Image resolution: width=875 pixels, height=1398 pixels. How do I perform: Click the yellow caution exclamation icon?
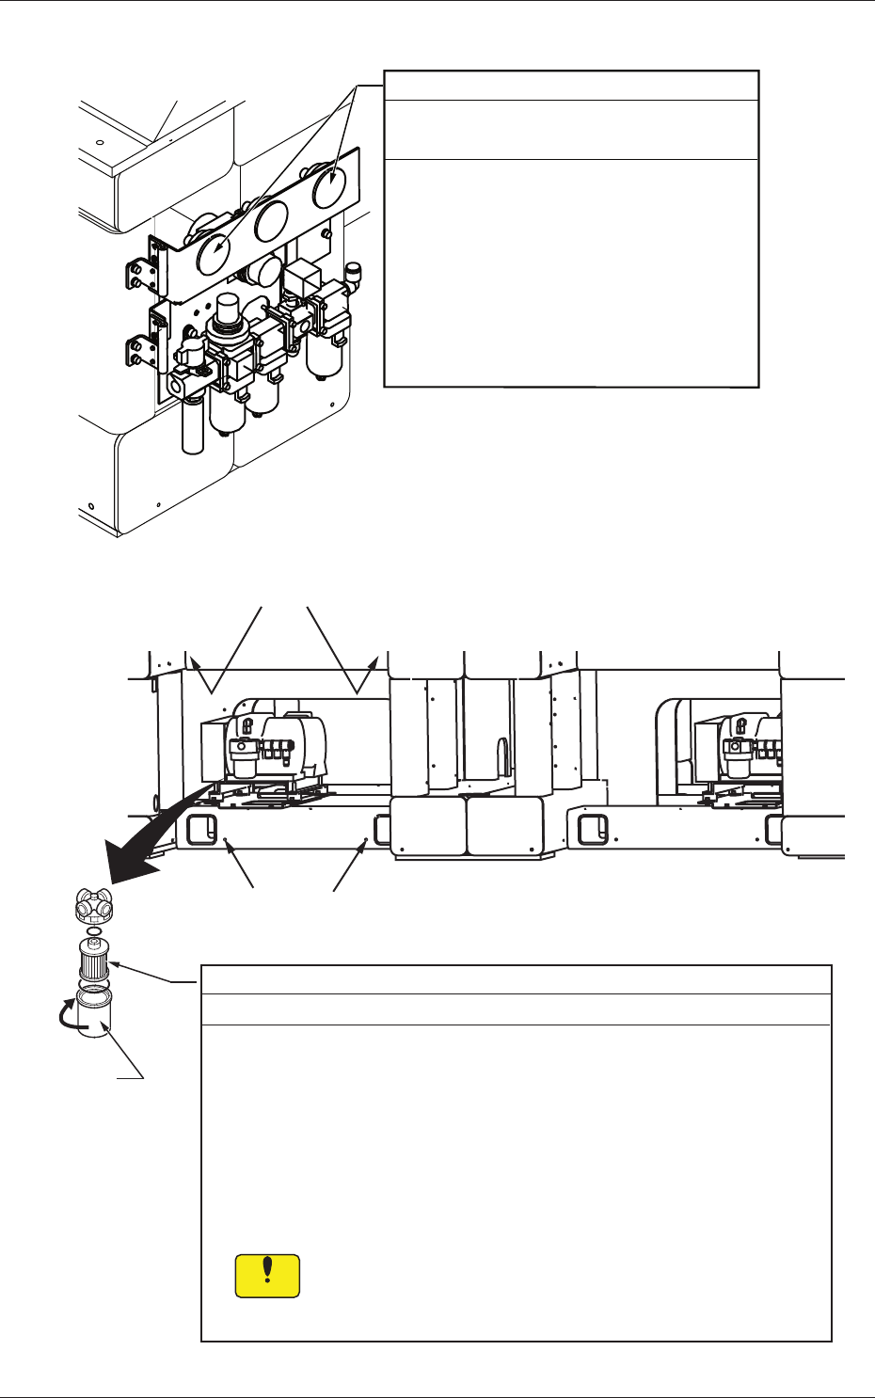(267, 1276)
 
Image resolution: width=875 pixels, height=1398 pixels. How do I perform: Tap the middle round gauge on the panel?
(271, 221)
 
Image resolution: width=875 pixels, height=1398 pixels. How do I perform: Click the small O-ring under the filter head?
(93, 929)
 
